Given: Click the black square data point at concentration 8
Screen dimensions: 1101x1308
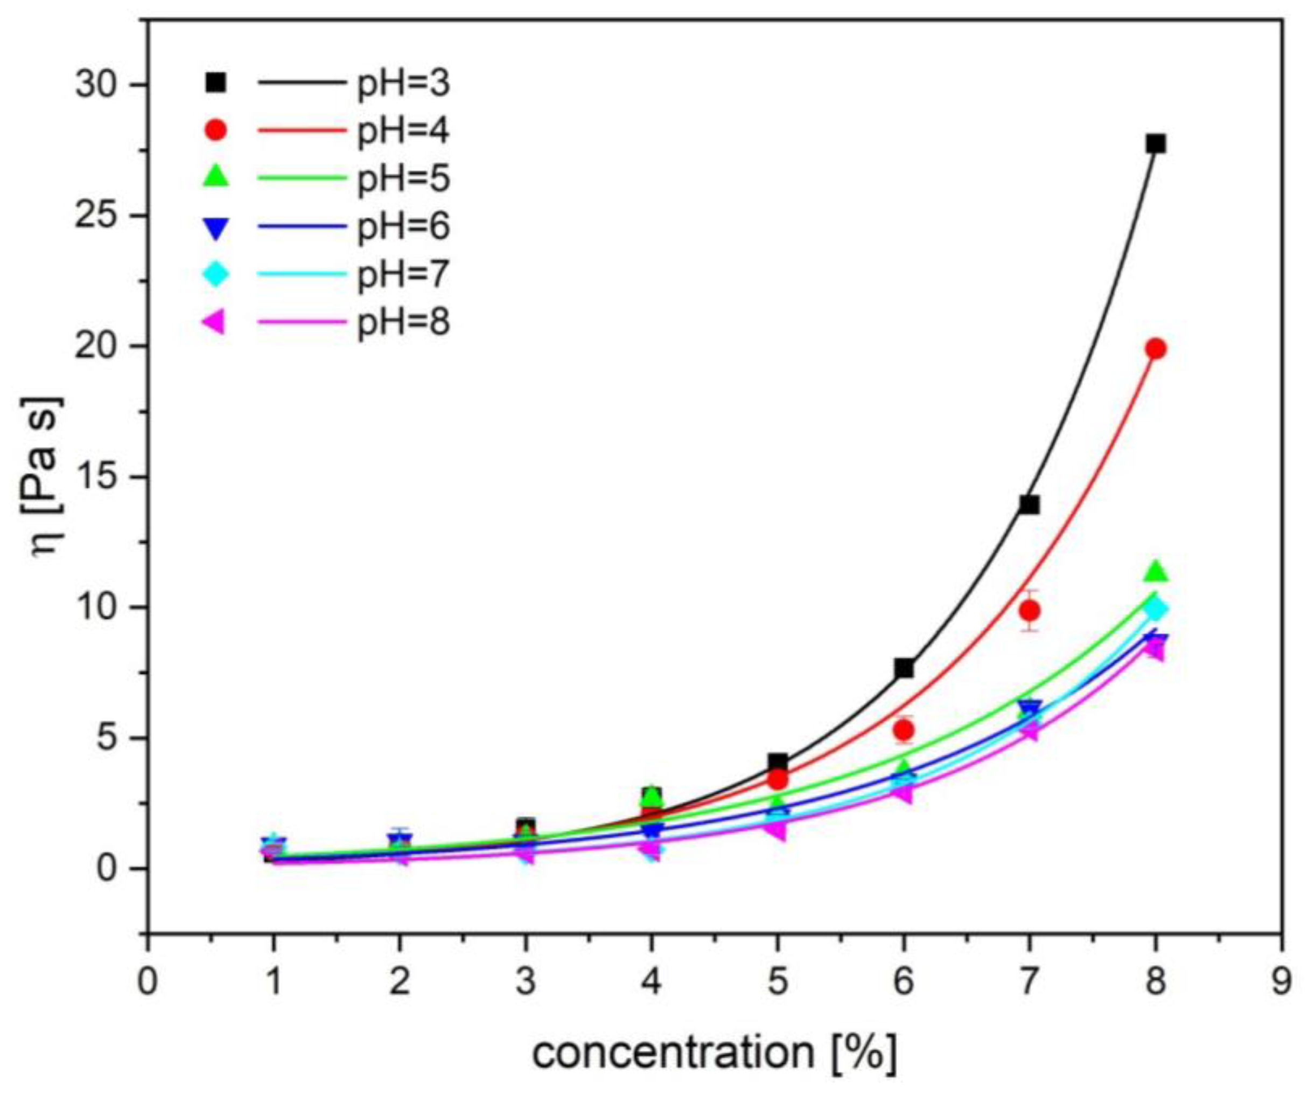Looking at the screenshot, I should point(1155,144).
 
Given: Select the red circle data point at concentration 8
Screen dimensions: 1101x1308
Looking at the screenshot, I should point(1155,349).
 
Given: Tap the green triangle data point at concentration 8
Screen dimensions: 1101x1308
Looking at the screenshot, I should point(1155,571).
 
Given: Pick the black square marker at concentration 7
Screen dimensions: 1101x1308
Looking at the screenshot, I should point(1029,504).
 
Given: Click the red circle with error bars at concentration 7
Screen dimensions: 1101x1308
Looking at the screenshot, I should point(1029,610).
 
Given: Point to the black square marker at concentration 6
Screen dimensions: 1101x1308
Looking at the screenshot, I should point(904,668).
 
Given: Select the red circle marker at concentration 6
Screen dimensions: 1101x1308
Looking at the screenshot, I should point(904,730).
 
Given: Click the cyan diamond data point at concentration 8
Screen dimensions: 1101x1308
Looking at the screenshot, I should point(1155,608).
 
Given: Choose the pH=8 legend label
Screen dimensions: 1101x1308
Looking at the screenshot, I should point(403,323).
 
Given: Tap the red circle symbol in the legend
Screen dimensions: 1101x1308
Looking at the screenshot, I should point(216,130).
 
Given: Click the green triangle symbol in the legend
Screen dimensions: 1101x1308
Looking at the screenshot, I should point(216,177).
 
